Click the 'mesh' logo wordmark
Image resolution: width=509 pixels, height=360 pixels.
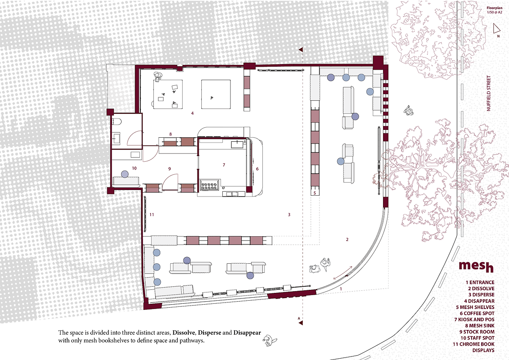point(476,266)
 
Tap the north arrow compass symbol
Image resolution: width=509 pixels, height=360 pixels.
point(496,29)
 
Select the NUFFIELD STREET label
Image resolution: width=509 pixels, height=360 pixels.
point(489,94)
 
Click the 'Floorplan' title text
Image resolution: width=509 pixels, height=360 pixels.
point(494,8)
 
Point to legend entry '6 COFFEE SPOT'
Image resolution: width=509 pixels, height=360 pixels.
point(477,313)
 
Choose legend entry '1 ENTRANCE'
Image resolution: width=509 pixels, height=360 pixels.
point(480,282)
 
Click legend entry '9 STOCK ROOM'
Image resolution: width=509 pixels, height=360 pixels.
point(477,332)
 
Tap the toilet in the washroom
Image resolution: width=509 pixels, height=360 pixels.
point(117,122)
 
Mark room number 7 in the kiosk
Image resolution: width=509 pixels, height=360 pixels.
point(224,165)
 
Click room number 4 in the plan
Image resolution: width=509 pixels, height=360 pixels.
point(193,113)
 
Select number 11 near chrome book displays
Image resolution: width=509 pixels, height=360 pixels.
point(152,214)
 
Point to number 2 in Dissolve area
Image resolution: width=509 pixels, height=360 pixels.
point(347,240)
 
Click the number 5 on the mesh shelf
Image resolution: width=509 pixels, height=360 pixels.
point(315,193)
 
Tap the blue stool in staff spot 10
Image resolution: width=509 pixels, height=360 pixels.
point(125,174)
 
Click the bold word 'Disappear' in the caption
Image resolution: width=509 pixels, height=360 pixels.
point(247,333)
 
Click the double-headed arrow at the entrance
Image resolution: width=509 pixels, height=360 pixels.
point(343,272)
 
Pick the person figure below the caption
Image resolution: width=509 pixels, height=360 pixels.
point(269,341)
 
